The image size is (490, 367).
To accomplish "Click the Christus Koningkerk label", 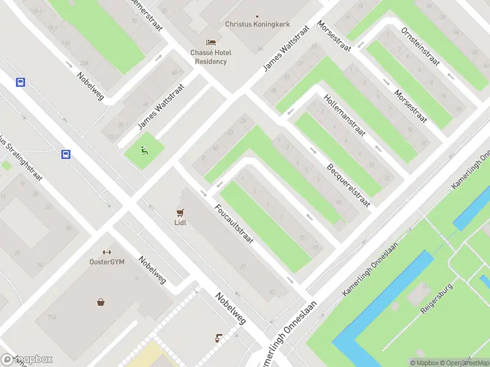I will [x=257, y=24].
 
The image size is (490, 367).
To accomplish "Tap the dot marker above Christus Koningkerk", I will [x=257, y=16].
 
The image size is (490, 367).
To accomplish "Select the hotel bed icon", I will [x=211, y=42].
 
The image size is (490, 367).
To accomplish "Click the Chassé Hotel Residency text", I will [x=211, y=57].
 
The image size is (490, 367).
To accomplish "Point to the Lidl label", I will [x=180, y=223].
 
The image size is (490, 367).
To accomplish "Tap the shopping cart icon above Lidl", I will [x=180, y=212].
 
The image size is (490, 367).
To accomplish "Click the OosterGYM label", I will [x=107, y=262].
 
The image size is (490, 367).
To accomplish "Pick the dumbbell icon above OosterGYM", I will [x=107, y=252].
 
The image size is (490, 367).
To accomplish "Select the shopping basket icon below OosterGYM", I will [x=100, y=302].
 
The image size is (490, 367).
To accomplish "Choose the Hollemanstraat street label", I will [x=345, y=114].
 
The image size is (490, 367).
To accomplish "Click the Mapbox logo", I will [x=27, y=360].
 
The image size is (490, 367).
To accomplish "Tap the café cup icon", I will [x=219, y=338].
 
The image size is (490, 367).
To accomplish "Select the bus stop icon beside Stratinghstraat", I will [x=66, y=154].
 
